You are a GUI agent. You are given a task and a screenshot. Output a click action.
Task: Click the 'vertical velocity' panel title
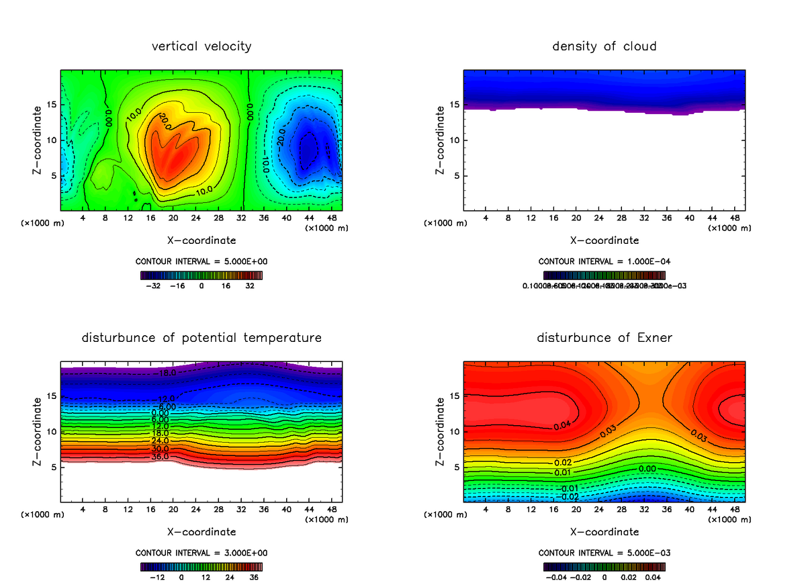201,46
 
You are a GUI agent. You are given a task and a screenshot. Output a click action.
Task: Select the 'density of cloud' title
604,46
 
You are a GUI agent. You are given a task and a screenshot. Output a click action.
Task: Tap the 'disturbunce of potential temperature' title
201,338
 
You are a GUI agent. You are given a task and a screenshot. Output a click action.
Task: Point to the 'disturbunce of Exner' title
604,338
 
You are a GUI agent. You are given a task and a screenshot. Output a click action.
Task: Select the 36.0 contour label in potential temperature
160,457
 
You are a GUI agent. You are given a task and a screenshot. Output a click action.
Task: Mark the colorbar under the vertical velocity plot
201,275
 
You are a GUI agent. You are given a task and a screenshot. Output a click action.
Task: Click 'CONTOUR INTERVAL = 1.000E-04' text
604,261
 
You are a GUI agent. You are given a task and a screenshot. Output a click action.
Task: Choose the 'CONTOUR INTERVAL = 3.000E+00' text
201,553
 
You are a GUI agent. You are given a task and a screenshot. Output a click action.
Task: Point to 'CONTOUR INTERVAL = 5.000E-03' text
604,553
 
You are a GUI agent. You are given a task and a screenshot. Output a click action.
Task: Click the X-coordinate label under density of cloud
604,240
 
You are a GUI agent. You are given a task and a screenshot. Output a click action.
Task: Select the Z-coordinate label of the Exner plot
441,432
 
